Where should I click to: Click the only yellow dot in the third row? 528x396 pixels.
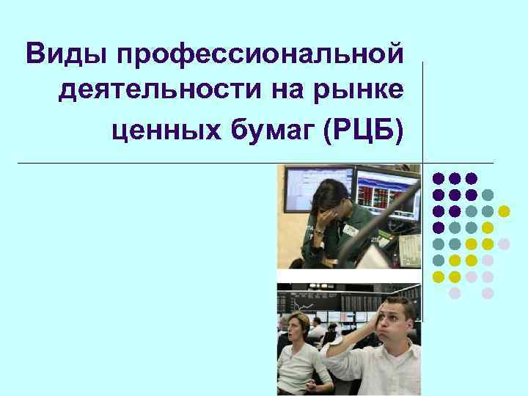(x=504, y=211)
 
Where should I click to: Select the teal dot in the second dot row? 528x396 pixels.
(x=488, y=194)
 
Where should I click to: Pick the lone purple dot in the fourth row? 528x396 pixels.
(x=439, y=227)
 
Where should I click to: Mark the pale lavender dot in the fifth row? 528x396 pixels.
(x=504, y=243)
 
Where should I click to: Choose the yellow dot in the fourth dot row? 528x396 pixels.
(x=488, y=227)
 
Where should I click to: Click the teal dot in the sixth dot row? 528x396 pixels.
(x=439, y=260)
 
